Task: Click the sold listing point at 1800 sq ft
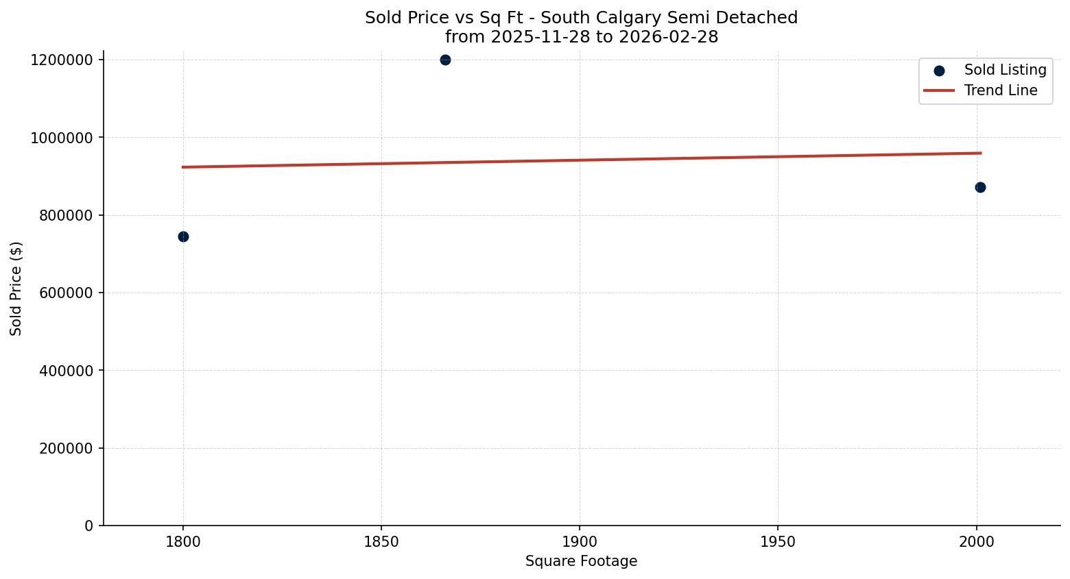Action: pyautogui.click(x=183, y=236)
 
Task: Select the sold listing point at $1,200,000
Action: pyautogui.click(x=445, y=60)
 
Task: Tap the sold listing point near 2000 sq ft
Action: pyautogui.click(x=980, y=187)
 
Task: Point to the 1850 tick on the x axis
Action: pyautogui.click(x=381, y=542)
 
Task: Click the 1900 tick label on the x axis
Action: pyautogui.click(x=580, y=542)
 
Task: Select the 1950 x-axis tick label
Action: pyautogui.click(x=778, y=542)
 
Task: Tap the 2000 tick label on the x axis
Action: pyautogui.click(x=977, y=542)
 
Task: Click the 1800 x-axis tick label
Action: pyautogui.click(x=183, y=542)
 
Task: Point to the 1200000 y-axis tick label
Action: pyautogui.click(x=62, y=60)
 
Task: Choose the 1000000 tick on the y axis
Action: pyautogui.click(x=62, y=138)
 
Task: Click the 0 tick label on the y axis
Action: pyautogui.click(x=88, y=526)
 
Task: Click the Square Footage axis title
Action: pyautogui.click(x=581, y=562)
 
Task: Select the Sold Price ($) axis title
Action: pyautogui.click(x=16, y=288)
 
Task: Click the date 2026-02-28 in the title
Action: pyautogui.click(x=668, y=37)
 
